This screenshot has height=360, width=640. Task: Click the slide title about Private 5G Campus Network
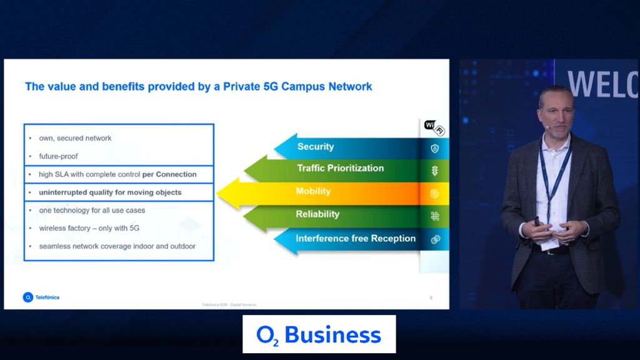pyautogui.click(x=198, y=86)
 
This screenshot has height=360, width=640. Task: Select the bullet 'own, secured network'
pyautogui.click(x=75, y=138)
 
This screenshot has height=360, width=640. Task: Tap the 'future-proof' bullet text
pyautogui.click(x=58, y=156)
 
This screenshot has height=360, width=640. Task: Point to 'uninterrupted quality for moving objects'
pyautogui.click(x=110, y=192)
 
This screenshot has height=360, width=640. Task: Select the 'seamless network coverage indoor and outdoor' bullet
pyautogui.click(x=117, y=246)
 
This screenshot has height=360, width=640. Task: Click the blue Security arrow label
pyautogui.click(x=316, y=147)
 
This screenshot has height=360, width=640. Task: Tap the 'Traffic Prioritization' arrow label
pyautogui.click(x=340, y=168)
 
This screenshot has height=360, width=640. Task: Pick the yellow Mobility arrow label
pyautogui.click(x=313, y=191)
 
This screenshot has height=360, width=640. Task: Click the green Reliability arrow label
pyautogui.click(x=317, y=214)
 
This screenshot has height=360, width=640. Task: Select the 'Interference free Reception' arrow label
pyautogui.click(x=355, y=239)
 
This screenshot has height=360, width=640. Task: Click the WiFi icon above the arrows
pyautogui.click(x=434, y=127)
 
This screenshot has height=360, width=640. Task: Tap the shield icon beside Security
pyautogui.click(x=434, y=148)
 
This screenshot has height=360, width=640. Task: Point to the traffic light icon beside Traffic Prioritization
pyautogui.click(x=434, y=171)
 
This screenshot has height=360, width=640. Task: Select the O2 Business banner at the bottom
pyautogui.click(x=319, y=334)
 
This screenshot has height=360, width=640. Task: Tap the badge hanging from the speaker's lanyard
pyautogui.click(x=548, y=244)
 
